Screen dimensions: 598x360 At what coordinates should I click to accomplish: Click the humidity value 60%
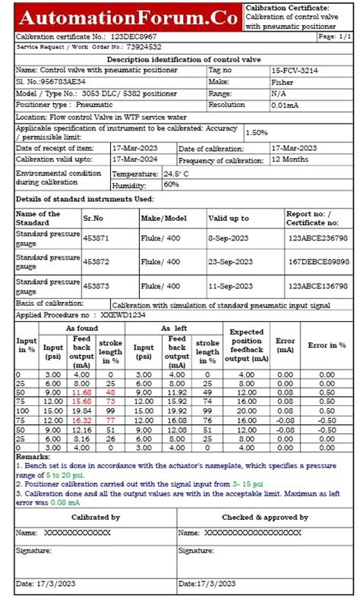[x=171, y=184]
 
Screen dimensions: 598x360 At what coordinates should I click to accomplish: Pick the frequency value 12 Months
[x=291, y=160]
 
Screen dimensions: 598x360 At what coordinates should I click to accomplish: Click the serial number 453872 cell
[x=96, y=262]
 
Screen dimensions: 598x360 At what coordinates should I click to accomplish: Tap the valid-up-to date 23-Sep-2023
[x=231, y=262]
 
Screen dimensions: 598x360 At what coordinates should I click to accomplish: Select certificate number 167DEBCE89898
[x=317, y=262]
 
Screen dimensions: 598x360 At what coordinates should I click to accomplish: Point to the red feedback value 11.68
[x=81, y=392]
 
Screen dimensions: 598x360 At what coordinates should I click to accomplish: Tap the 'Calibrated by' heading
[x=95, y=517]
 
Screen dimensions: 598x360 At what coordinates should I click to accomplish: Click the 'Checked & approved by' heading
[x=264, y=517]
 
